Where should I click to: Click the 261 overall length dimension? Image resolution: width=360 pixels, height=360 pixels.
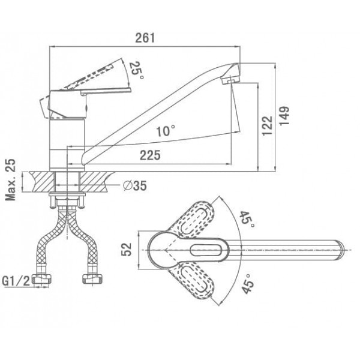pyautogui.click(x=145, y=38)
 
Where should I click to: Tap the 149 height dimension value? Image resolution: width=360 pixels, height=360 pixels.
pyautogui.click(x=284, y=116)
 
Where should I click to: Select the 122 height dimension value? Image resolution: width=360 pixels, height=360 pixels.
pyautogui.click(x=268, y=126)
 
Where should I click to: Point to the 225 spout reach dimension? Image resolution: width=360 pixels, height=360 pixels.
pyautogui.click(x=150, y=155)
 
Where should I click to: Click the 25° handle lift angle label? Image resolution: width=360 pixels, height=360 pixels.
pyautogui.click(x=137, y=70)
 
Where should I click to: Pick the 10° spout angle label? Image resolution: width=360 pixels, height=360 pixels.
pyautogui.click(x=166, y=131)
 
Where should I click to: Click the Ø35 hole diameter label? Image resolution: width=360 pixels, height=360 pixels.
pyautogui.click(x=134, y=185)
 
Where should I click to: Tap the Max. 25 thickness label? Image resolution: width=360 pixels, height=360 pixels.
pyautogui.click(x=11, y=179)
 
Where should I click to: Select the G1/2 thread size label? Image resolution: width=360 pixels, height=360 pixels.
pyautogui.click(x=16, y=281)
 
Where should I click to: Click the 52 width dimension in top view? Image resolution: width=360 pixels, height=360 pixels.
pyautogui.click(x=127, y=250)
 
